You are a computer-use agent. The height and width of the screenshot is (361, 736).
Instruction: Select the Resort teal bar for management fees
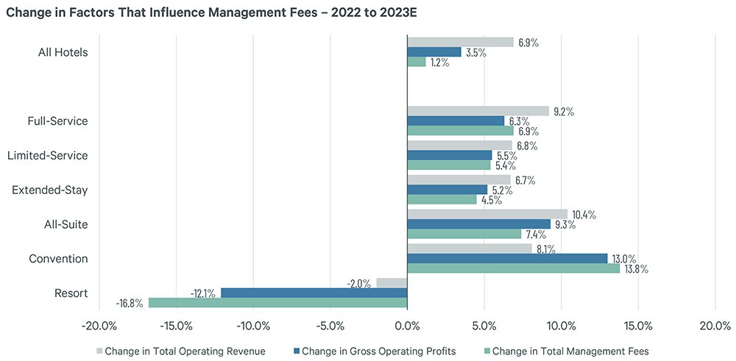277,302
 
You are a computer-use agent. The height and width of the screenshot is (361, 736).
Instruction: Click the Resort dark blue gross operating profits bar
314,293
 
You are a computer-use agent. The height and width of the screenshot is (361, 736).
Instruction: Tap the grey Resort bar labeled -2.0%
392,283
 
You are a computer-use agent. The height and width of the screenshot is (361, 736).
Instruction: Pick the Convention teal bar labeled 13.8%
513,268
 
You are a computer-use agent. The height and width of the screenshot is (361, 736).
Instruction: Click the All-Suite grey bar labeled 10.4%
487,214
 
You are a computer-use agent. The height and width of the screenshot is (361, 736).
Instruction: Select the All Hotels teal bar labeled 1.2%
417,62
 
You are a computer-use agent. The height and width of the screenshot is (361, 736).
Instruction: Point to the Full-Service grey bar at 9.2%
478,111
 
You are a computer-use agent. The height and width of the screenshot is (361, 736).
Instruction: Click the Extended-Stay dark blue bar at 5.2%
447,190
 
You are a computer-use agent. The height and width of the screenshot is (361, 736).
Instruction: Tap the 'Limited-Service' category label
47,155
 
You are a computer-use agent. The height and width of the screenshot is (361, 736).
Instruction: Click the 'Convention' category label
58,259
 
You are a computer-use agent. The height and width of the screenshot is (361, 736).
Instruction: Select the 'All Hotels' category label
63,52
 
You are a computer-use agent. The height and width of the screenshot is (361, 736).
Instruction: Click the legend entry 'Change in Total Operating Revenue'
181,351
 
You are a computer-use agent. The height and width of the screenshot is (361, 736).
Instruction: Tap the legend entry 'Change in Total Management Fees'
564,351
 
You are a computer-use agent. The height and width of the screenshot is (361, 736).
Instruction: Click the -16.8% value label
130,303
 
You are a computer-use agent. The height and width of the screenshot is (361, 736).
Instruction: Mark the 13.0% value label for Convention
624,259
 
